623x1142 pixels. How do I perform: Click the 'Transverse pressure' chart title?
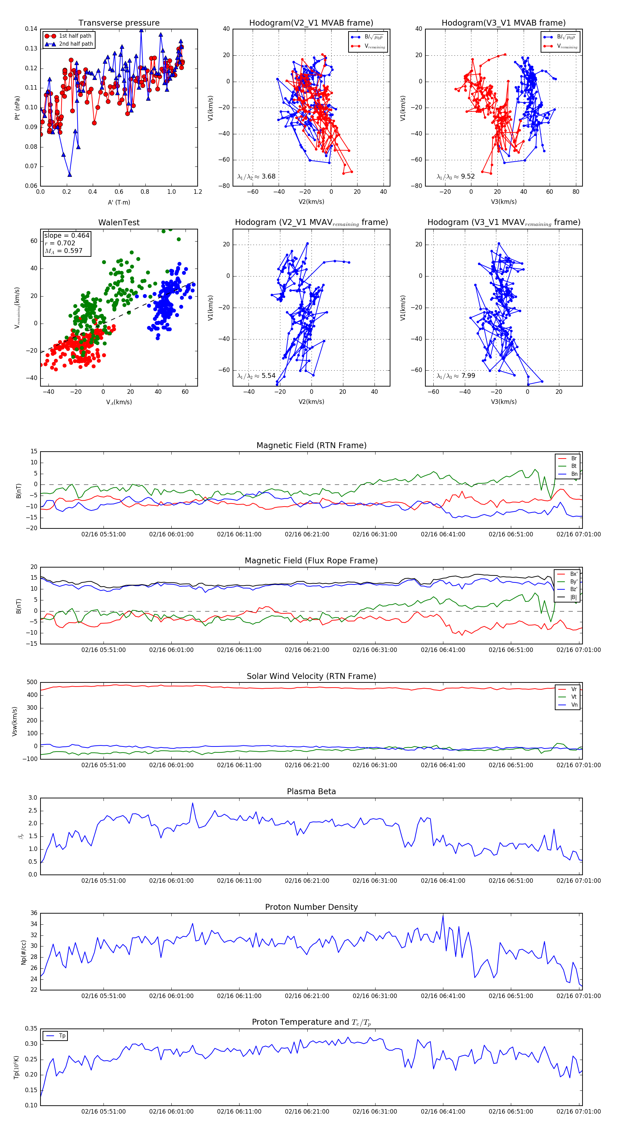click(119, 23)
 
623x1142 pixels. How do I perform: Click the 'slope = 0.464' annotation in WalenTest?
click(66, 235)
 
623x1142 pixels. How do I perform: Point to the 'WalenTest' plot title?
click(119, 223)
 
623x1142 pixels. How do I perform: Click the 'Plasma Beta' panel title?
click(311, 791)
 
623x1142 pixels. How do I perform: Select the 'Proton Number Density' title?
click(311, 907)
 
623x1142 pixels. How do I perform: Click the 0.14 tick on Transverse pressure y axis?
click(31, 29)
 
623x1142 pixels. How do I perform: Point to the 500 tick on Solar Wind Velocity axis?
click(32, 682)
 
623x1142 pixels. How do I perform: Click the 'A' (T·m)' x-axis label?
click(119, 202)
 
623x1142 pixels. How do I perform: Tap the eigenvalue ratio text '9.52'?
click(468, 176)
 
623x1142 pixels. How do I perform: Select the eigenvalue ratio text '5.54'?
click(268, 376)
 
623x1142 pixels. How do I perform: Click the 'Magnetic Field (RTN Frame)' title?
click(311, 445)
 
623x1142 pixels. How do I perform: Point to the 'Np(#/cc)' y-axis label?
click(24, 952)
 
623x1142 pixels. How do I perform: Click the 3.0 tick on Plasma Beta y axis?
click(33, 798)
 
